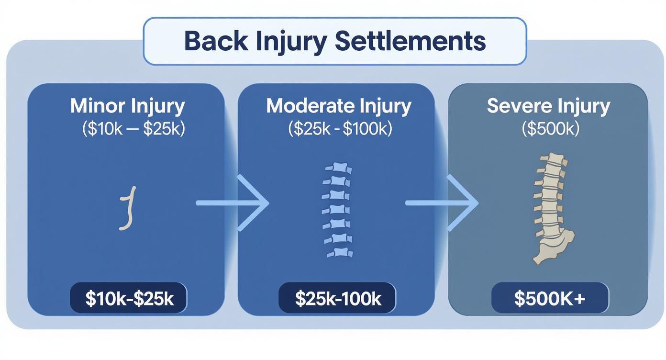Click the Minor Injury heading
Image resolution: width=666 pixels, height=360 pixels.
[x=127, y=106]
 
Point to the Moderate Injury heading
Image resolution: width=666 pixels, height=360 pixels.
[x=338, y=106]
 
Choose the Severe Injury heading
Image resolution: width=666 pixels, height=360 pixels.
[x=548, y=106]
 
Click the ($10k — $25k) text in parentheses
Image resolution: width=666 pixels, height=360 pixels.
[x=133, y=129]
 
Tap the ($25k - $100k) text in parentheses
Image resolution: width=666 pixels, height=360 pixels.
[x=340, y=129]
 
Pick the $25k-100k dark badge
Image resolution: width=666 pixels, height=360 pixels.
[x=338, y=298]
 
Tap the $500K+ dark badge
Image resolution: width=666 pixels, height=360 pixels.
[x=550, y=298]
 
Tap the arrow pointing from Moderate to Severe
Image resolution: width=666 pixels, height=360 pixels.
[x=442, y=203]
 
